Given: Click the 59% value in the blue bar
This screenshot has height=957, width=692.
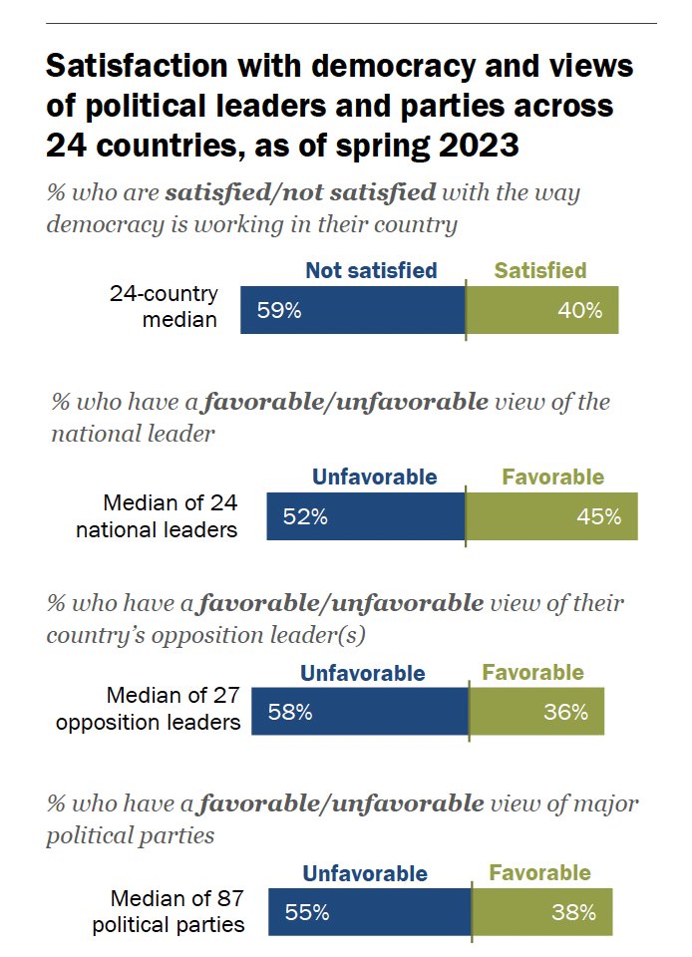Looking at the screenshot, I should [x=279, y=310].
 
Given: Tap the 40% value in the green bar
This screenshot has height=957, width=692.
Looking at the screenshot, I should [x=580, y=310].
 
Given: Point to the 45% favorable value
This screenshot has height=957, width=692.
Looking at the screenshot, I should [x=598, y=516].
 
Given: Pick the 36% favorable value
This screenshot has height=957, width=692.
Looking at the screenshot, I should [x=566, y=713].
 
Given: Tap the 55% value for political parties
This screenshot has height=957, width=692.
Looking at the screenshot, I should [x=306, y=911].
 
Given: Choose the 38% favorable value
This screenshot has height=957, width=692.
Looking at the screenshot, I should [x=573, y=911].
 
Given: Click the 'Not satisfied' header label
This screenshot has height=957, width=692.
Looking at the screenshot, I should [x=371, y=271].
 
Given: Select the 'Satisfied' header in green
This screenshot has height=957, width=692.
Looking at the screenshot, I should [x=540, y=271].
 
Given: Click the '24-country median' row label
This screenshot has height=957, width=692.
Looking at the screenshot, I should [x=164, y=307].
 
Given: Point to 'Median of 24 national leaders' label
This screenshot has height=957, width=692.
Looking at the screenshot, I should [x=158, y=515].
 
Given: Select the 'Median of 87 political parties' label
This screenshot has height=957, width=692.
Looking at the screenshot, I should [x=169, y=910].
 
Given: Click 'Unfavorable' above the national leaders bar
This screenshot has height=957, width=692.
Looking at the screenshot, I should [x=375, y=478].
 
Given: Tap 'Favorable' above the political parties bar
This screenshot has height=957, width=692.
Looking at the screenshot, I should [x=539, y=873].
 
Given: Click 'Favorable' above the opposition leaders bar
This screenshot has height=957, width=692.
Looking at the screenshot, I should [x=533, y=673].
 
